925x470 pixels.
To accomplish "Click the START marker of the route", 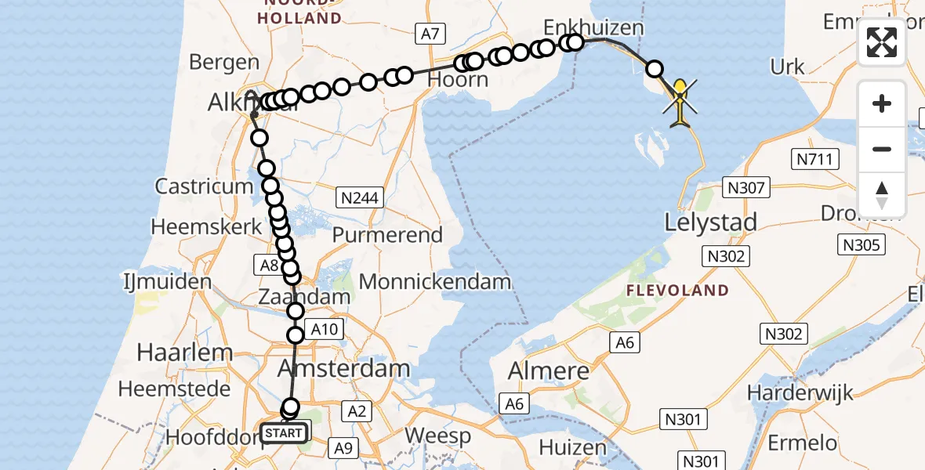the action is click(x=284, y=432).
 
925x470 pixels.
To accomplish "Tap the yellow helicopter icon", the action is click(x=680, y=103).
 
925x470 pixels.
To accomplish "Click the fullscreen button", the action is click(x=882, y=42).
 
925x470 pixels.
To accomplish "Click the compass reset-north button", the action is click(x=882, y=195).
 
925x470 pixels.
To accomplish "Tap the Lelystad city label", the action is click(x=710, y=222).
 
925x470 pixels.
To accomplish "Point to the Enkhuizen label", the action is click(x=593, y=27).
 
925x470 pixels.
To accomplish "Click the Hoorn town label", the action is click(x=459, y=80).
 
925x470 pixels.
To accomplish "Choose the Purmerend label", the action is click(x=387, y=234).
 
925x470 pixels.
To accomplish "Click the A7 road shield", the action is click(x=429, y=33).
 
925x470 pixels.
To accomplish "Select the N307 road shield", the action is click(x=746, y=187).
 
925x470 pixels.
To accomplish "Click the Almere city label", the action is click(x=549, y=371).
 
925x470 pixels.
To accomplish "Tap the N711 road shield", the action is click(x=816, y=160).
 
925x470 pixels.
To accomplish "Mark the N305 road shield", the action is click(x=860, y=244).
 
